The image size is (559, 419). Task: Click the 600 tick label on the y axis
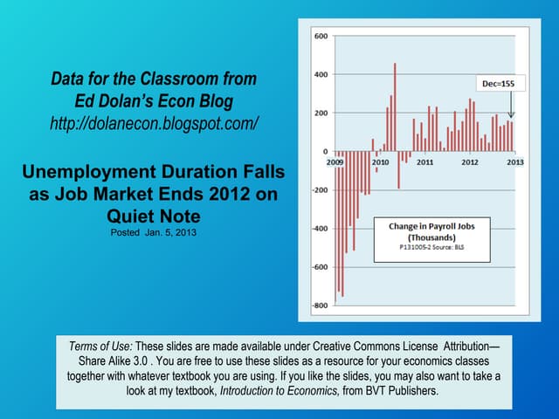pos(320,37)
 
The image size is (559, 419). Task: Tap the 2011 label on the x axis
pos(425,162)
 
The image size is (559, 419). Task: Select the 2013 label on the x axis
pos(514,162)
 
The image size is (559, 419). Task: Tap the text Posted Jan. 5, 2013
pos(154,233)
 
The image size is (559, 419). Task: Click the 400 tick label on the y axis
pos(320,75)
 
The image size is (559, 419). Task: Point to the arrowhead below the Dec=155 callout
pos(513,117)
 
